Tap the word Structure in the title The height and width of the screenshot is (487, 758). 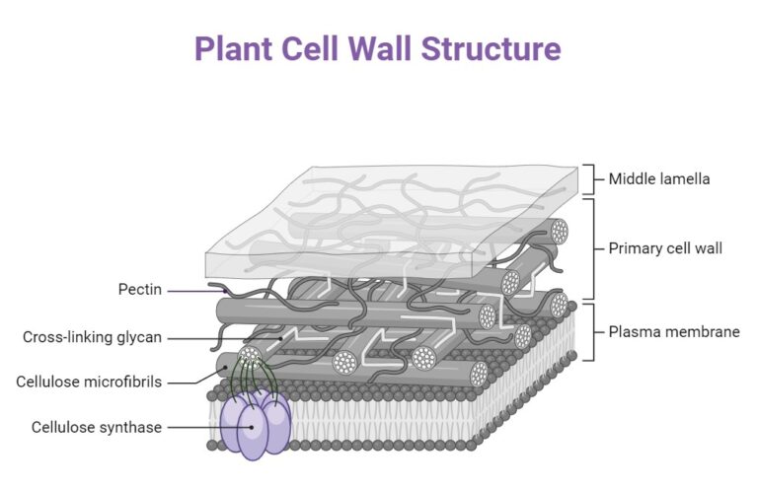click(502, 48)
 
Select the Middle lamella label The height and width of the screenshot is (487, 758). click(658, 179)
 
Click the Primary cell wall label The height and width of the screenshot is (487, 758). click(665, 248)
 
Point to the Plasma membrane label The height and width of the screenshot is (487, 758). click(673, 332)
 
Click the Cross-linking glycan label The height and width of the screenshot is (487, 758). click(93, 337)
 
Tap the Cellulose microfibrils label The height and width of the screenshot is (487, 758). click(89, 382)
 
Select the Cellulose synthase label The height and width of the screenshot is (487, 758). click(96, 427)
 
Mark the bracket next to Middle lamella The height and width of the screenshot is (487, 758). click(590, 179)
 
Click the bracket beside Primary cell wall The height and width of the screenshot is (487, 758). click(590, 248)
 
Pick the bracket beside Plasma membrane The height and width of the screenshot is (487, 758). click(590, 332)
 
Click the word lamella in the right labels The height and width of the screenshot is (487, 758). click(683, 179)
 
